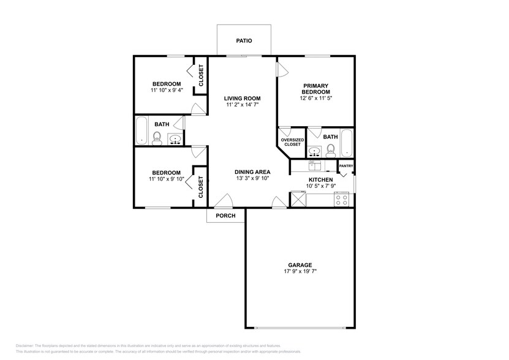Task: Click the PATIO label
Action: (244, 42)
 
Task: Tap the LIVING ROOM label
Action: (242, 98)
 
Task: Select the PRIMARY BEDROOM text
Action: (315, 89)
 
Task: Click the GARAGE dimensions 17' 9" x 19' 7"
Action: (300, 271)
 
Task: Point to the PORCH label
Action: (225, 216)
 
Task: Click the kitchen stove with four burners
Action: (342, 198)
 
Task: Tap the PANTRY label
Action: (346, 165)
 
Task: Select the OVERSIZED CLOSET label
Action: (291, 142)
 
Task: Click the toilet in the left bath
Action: (156, 137)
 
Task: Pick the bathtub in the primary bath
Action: (346, 142)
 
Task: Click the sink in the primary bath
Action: (315, 150)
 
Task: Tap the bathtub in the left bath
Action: (141, 130)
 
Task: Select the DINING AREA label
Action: (253, 172)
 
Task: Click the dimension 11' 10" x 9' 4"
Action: (166, 90)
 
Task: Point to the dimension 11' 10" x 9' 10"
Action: (166, 179)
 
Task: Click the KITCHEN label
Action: (320, 179)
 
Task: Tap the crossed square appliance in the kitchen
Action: (298, 198)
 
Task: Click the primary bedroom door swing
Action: (282, 69)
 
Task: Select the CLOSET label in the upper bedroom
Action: (201, 75)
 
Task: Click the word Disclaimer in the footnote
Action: (27, 346)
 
